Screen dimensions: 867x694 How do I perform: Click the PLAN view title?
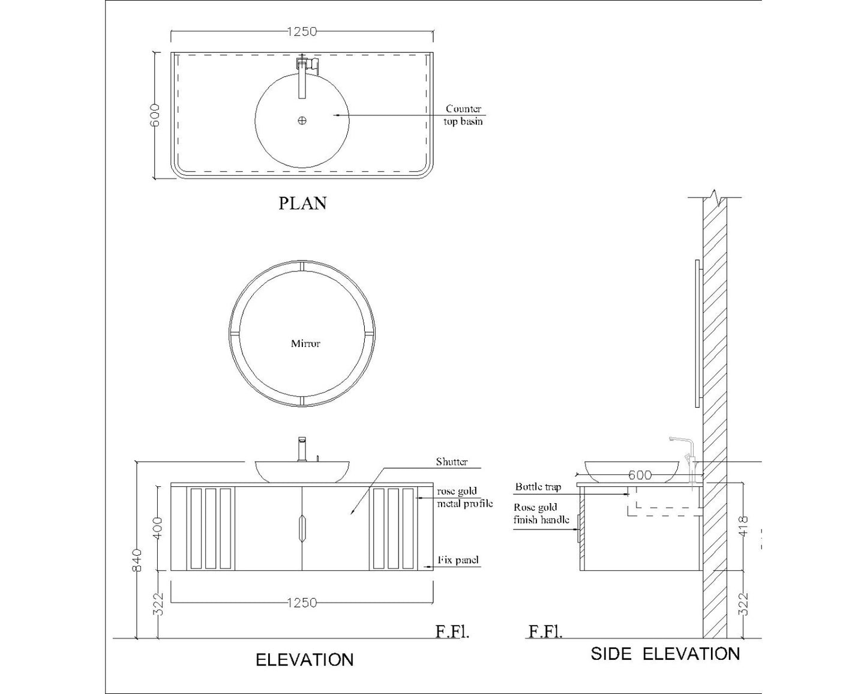[x=302, y=204]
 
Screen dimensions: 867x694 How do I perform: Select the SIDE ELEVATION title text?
[x=665, y=654]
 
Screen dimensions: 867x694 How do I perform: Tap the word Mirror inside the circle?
[x=305, y=343]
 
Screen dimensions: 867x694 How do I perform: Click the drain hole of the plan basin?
[x=302, y=120]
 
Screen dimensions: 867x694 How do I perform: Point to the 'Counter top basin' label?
[x=463, y=115]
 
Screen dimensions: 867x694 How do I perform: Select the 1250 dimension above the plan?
[x=302, y=31]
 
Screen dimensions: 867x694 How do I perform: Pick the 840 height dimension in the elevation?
[x=137, y=560]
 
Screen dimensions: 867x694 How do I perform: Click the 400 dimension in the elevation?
[x=158, y=528]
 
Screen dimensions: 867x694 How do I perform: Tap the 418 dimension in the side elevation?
[x=744, y=527]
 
